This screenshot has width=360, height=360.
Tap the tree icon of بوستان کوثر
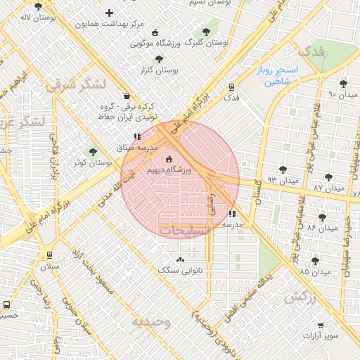coord(92,152)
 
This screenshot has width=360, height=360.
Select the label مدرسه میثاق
coord(136,148)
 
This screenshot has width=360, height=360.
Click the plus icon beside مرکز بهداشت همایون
coord(109,13)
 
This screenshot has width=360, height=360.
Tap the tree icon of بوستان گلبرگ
coord(206,32)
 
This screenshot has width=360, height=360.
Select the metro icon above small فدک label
coord(231,86)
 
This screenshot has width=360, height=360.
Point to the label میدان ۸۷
coord(328,188)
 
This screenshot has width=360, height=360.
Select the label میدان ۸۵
coord(314,271)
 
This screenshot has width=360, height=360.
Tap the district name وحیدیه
coord(151,322)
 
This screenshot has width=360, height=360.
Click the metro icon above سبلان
coord(49,255)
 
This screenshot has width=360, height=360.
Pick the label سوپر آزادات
coord(321,336)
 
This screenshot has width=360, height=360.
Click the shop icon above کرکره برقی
coord(126,96)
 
